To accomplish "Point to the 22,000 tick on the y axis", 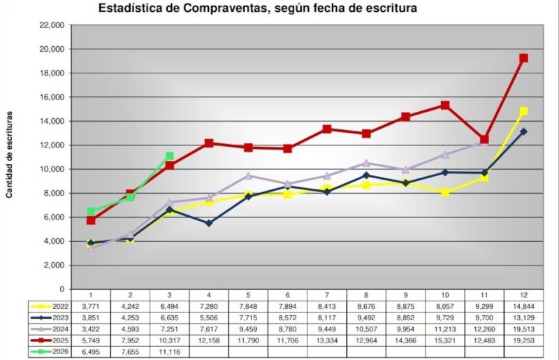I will click(53, 25).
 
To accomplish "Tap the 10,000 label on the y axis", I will click(53, 169).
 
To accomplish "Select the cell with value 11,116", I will click(169, 351).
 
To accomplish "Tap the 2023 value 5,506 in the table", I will click(209, 317).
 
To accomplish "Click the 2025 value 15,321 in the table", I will click(444, 340).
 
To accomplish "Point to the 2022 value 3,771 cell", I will click(91, 305).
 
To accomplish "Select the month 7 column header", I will click(326, 295).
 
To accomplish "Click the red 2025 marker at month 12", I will click(523, 58).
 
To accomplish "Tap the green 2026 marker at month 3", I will click(169, 157).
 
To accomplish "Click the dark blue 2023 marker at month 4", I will click(209, 223).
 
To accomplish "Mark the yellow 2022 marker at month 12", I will click(523, 111).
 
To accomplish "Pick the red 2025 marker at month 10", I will click(444, 106).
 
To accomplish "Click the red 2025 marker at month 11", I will click(484, 139).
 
